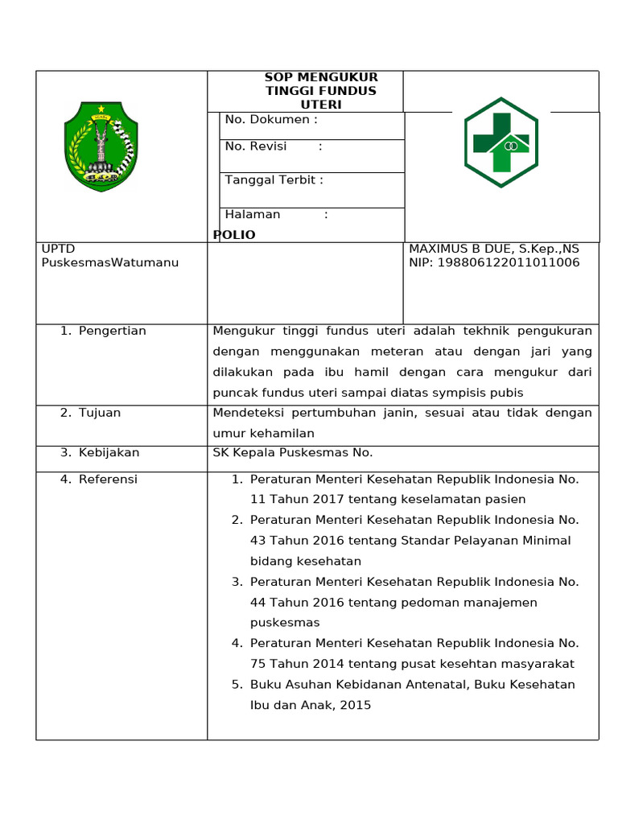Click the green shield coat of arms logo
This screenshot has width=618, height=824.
click(101, 146)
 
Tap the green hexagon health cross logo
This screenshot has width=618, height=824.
click(501, 142)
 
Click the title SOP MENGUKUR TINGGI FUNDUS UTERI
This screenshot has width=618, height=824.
click(321, 91)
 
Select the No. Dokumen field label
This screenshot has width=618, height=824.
click(271, 120)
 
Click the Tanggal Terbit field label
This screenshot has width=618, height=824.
click(274, 180)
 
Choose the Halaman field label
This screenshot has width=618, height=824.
click(253, 214)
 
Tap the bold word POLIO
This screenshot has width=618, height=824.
click(234, 235)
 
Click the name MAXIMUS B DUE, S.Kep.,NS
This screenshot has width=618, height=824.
click(494, 249)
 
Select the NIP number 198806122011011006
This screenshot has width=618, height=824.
click(509, 263)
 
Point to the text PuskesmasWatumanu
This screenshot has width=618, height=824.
click(110, 262)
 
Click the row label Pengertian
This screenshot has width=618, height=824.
click(112, 331)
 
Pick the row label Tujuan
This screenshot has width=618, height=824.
click(99, 413)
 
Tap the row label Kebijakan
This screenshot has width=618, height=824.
click(109, 452)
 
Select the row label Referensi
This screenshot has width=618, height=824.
click(108, 480)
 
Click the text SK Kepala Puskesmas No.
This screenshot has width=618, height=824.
click(293, 452)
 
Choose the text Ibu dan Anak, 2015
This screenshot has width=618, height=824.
click(311, 705)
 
